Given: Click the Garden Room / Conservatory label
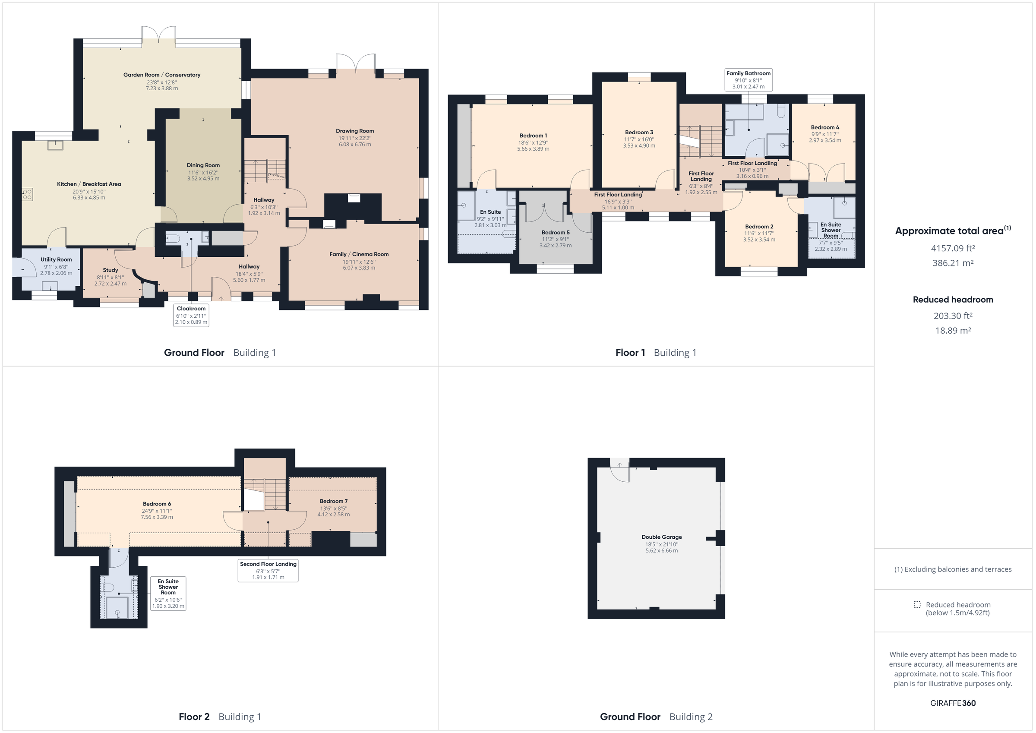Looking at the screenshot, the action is [x=161, y=75].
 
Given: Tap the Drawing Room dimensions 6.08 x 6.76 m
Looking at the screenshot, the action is [x=355, y=145].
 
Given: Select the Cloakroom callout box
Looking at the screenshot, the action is [x=191, y=315].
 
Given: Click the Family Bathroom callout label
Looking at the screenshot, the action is [x=748, y=73].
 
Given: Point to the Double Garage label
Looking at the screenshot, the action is [x=661, y=537].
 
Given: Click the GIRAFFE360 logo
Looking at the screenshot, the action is [x=953, y=703].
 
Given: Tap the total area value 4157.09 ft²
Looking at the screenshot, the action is [x=953, y=248].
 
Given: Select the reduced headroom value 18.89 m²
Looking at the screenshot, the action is [x=953, y=330].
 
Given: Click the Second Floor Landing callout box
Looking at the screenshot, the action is [x=268, y=571].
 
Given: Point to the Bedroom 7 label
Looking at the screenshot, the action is [x=333, y=501].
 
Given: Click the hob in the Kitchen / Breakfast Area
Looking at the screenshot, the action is [x=27, y=195].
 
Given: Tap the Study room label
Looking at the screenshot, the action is [x=110, y=270].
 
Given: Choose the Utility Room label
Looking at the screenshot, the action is [x=56, y=259].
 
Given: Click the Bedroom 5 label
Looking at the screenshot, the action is [x=556, y=232].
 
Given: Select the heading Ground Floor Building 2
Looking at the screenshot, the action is [x=656, y=717].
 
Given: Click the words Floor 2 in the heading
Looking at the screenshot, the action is [x=194, y=717].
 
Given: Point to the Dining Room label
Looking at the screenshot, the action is [x=203, y=165].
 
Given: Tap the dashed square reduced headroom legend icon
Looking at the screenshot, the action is [x=917, y=604].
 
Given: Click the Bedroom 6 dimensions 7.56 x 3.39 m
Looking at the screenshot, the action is [x=157, y=517].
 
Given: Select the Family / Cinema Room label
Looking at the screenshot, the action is [x=359, y=254].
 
